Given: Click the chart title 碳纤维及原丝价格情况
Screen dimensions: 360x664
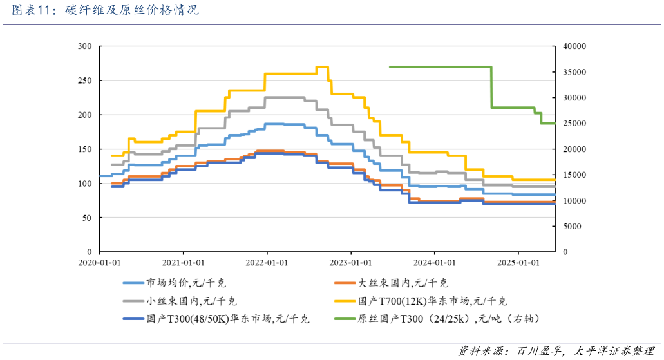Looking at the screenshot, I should pyautogui.click(x=132, y=11).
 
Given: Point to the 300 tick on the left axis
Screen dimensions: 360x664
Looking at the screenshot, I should pyautogui.click(x=84, y=46).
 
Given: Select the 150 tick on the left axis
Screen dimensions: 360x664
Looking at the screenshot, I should pyautogui.click(x=84, y=149).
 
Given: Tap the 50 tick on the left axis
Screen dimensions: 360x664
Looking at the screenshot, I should pyautogui.click(x=87, y=218).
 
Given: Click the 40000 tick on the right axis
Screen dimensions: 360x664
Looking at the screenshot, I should pyautogui.click(x=573, y=46).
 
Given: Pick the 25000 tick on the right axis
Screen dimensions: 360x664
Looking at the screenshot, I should pyautogui.click(x=573, y=124).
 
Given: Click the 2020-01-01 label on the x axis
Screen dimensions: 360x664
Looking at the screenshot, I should pyautogui.click(x=100, y=263).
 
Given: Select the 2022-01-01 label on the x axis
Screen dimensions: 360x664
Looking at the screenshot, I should pyautogui.click(x=267, y=263).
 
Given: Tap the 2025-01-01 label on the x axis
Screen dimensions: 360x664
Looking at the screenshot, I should pyautogui.click(x=518, y=263).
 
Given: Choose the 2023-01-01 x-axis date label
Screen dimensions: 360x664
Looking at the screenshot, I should pyautogui.click(x=350, y=263).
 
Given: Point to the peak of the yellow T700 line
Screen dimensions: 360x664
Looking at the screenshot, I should pyautogui.click(x=322, y=67).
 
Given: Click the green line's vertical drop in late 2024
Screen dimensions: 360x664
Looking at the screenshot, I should pyautogui.click(x=491, y=87).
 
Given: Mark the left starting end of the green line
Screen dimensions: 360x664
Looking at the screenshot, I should pyautogui.click(x=390, y=67).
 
